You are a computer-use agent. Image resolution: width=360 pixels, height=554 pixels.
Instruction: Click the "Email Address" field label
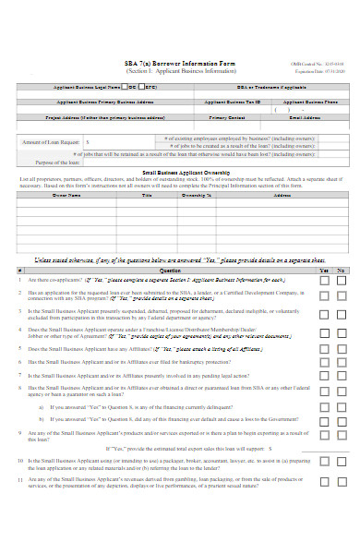tap(309, 118)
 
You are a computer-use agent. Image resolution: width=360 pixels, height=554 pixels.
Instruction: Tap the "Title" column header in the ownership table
tap(146, 196)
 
